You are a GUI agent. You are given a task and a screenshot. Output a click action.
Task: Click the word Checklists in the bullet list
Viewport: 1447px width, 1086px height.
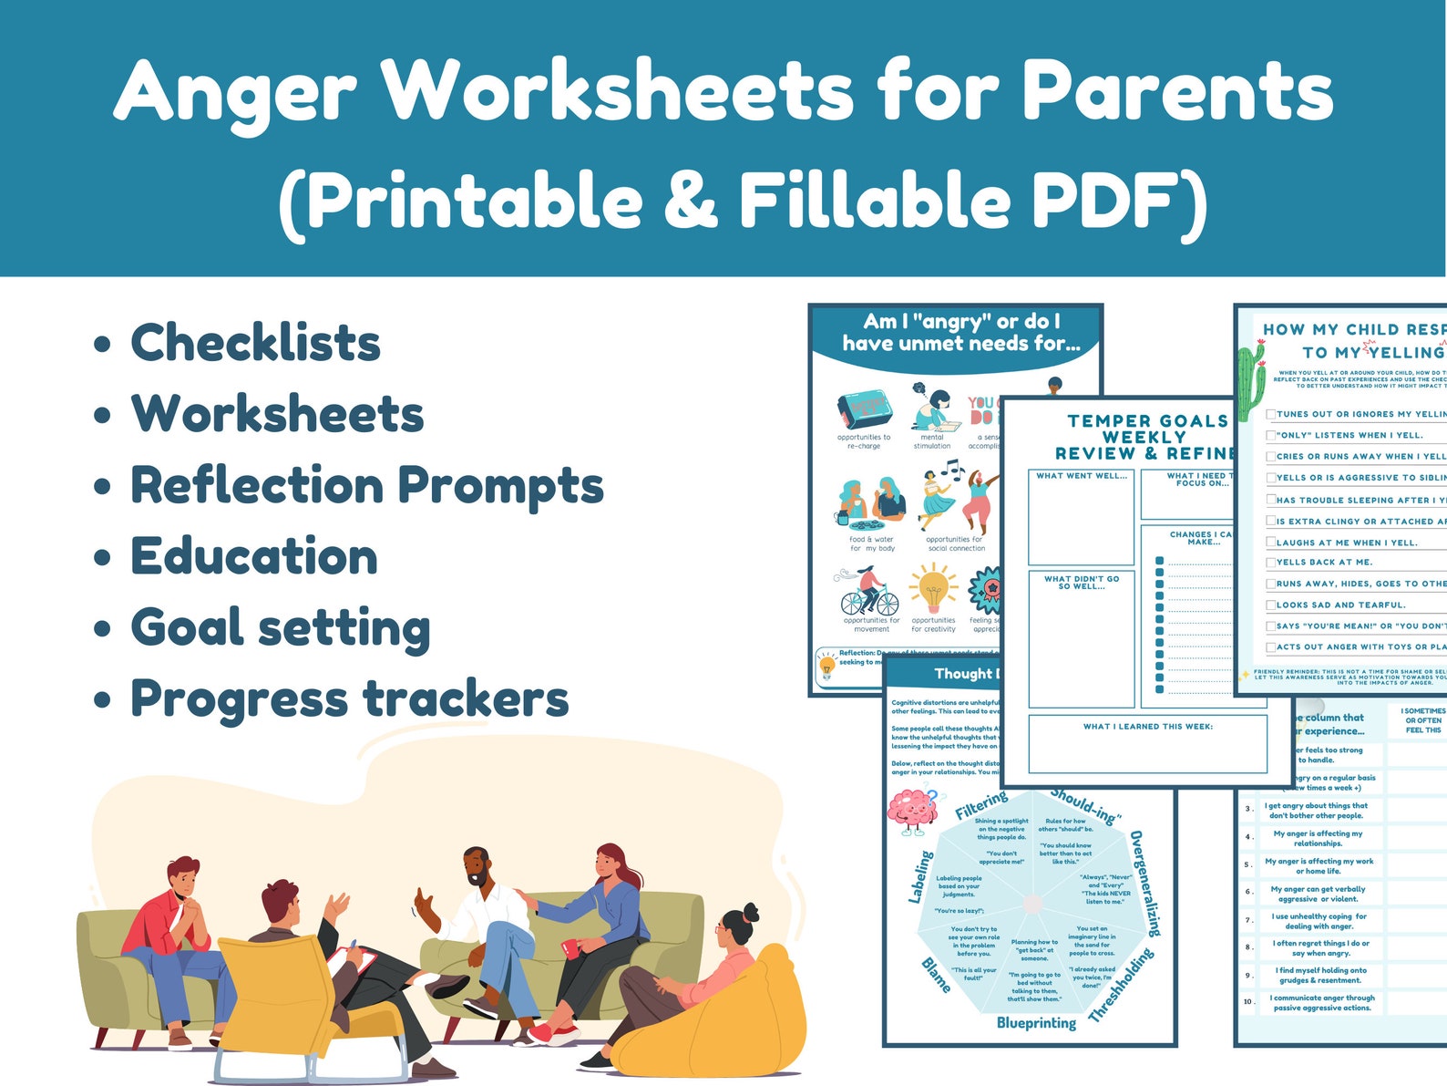coord(256,343)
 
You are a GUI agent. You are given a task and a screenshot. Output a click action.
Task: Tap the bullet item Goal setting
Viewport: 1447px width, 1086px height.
coord(281,628)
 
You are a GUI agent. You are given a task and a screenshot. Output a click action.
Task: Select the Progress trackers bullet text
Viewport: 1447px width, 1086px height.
coord(350,699)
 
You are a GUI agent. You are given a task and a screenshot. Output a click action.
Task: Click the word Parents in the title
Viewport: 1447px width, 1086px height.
coord(1176,90)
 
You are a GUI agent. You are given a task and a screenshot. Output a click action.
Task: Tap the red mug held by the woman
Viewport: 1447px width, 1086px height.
coord(571,948)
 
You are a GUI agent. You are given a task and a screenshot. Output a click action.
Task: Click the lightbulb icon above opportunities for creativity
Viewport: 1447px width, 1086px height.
coord(933,589)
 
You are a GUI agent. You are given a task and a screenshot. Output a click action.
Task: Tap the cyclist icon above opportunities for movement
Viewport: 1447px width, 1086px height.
coord(868,593)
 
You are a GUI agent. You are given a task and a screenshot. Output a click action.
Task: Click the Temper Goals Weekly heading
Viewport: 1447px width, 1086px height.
coord(1147,429)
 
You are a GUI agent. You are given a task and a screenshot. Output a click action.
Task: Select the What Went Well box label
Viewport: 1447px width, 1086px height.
coord(1081,476)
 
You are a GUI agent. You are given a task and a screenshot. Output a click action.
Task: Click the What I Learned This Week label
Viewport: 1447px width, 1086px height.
coord(1147,727)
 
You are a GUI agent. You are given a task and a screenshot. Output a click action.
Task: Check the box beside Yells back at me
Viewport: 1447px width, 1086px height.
coord(1271,563)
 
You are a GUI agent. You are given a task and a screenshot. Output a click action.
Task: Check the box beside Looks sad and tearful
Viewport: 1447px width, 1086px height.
coord(1271,605)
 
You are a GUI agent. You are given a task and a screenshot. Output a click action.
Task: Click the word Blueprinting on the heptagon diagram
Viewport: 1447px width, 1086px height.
coord(1036,1023)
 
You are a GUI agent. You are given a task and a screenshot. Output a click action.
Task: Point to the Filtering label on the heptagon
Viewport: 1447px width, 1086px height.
coord(980,806)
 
